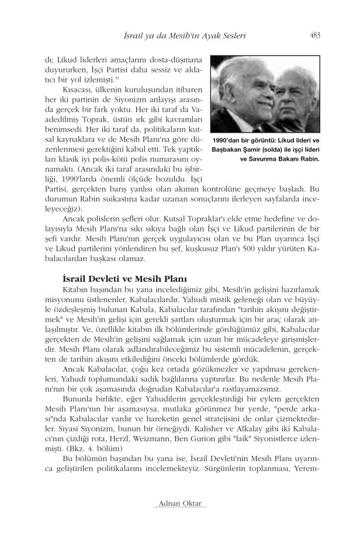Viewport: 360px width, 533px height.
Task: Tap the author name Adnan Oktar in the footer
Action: pos(180,503)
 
